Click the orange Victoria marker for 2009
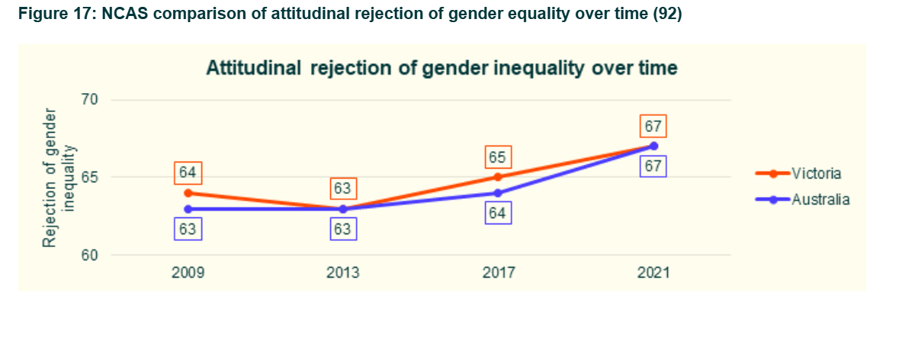click(x=188, y=193)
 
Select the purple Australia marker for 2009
click(x=188, y=208)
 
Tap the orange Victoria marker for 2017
click(x=498, y=177)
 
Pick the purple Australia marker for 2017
click(x=498, y=193)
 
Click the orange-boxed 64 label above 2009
click(x=188, y=173)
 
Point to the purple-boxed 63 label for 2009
click(x=188, y=228)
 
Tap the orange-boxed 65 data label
click(x=498, y=157)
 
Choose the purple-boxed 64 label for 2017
click(x=498, y=213)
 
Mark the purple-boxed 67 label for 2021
click(x=653, y=166)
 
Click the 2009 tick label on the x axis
click(x=188, y=273)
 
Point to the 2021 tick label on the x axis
click(x=653, y=273)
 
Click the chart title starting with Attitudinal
click(x=442, y=68)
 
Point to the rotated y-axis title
click(x=59, y=177)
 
